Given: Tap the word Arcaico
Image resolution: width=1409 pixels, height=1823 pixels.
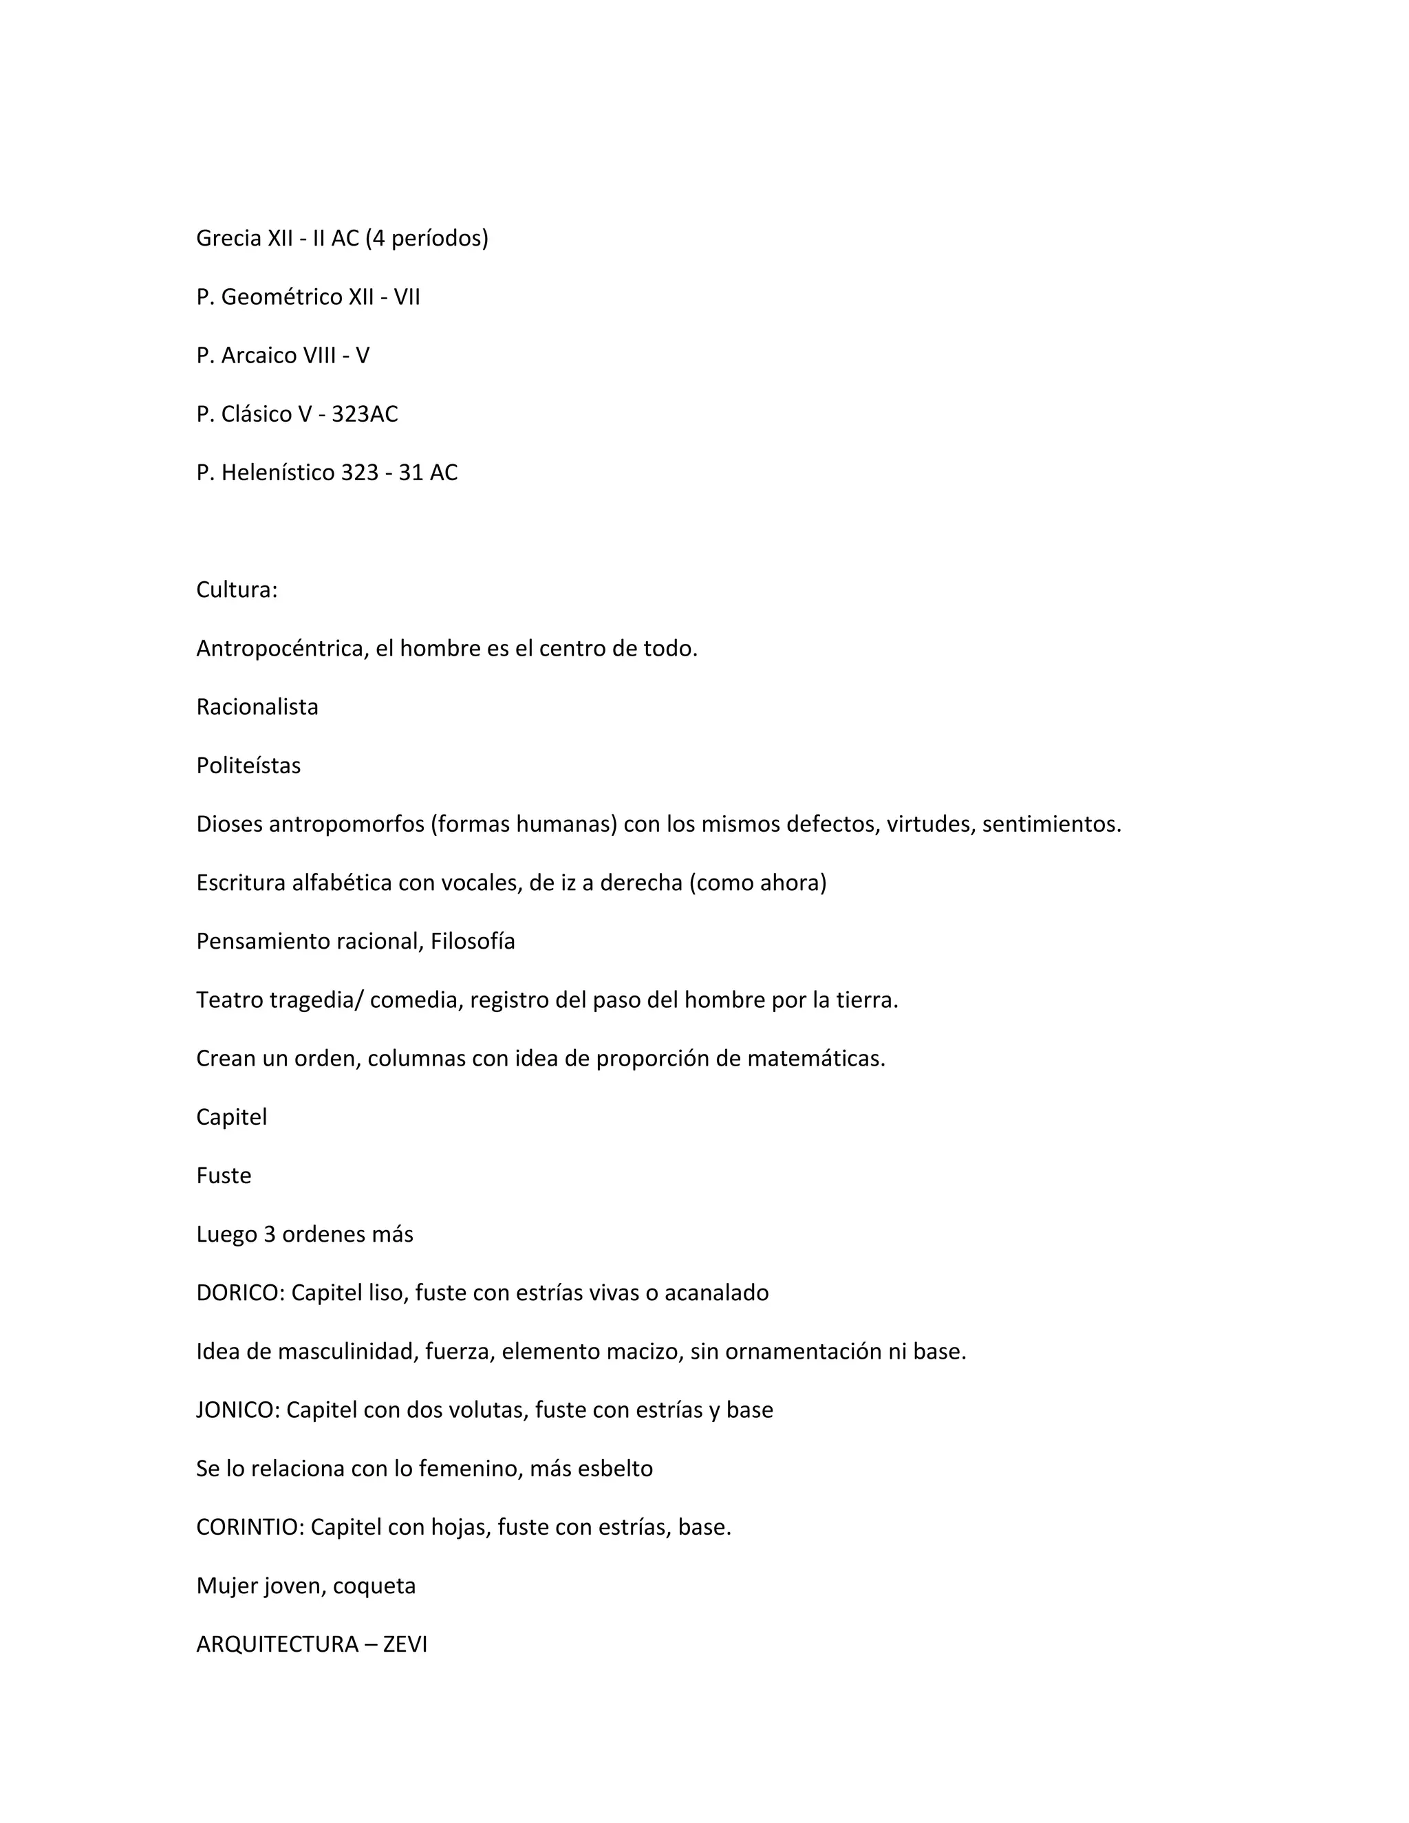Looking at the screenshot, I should [259, 356].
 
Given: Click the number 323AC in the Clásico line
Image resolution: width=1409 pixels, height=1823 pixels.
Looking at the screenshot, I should [364, 414].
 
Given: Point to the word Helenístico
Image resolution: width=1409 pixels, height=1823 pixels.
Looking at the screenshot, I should [277, 473].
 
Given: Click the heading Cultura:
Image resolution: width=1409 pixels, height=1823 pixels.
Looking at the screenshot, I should [236, 590].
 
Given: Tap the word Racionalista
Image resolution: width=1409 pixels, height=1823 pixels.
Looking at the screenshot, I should [257, 707].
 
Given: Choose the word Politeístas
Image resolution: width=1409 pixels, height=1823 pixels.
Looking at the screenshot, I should [248, 766].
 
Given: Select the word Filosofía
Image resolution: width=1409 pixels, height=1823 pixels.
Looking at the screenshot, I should [473, 942].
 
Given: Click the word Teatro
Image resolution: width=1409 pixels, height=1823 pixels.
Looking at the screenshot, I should [230, 1000].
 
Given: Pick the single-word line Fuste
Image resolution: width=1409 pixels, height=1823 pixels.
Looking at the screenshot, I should [223, 1176].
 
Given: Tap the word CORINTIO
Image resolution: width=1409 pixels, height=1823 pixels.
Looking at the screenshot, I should [250, 1527].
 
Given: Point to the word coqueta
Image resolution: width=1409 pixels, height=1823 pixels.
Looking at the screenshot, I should [374, 1586].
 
